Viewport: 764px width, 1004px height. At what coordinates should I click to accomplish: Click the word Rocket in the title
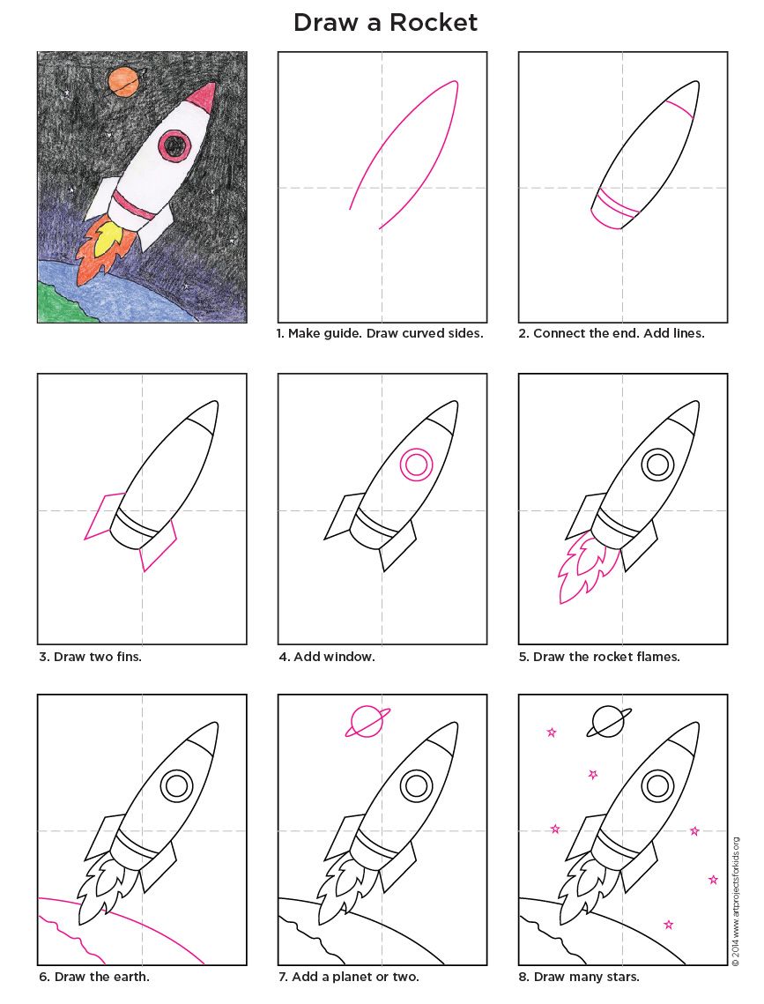tap(432, 22)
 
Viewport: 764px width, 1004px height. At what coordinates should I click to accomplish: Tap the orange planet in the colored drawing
tap(122, 82)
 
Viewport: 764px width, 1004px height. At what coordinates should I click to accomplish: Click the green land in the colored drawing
tap(55, 303)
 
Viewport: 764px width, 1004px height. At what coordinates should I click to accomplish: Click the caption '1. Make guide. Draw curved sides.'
tap(381, 334)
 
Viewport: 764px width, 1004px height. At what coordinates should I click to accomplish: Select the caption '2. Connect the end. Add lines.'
tap(619, 334)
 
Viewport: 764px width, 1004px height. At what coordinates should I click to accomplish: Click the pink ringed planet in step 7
tap(366, 721)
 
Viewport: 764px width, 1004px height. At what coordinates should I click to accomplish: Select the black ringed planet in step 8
tap(606, 721)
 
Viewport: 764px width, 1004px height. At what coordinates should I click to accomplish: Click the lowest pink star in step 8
tap(669, 924)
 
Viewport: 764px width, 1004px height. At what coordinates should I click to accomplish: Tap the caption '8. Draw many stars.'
tap(586, 977)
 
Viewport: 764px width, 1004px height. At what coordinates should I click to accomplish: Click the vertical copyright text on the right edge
tap(735, 899)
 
